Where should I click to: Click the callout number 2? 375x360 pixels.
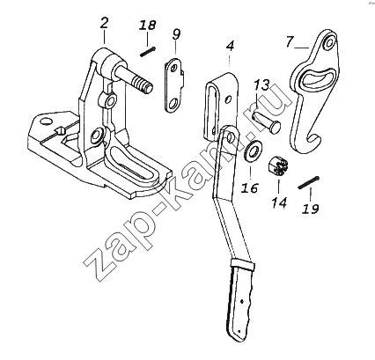(104, 23)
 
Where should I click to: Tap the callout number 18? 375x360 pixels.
(147, 26)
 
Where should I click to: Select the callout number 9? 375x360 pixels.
(176, 34)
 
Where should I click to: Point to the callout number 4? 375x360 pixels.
(231, 46)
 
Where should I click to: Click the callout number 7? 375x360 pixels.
(290, 42)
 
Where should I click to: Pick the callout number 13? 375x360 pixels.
(261, 85)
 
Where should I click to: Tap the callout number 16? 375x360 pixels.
(250, 187)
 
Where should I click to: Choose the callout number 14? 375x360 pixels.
(279, 202)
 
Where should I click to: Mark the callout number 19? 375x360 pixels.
(311, 209)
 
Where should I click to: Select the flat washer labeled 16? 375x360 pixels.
(252, 150)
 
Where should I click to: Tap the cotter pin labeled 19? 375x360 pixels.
(308, 182)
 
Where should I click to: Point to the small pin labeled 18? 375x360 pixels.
(147, 52)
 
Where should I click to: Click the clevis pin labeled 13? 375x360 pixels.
(266, 123)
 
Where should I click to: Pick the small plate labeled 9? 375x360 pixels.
(174, 85)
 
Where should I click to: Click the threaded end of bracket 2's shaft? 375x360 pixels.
(142, 84)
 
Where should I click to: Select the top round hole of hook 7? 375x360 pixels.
(329, 42)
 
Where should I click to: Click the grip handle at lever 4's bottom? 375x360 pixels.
(240, 300)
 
